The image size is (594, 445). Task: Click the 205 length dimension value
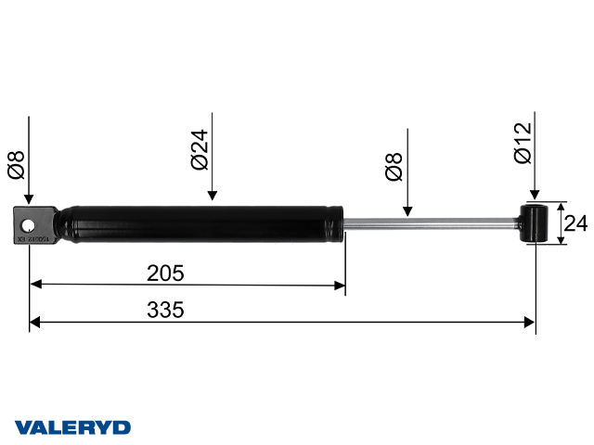coord(165,273)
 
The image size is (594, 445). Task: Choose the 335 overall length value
coord(165,311)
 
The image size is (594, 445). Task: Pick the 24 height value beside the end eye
coord(576,223)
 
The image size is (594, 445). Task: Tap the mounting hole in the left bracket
coord(31,225)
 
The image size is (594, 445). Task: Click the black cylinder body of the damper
coord(204,224)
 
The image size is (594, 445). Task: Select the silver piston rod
coord(427,222)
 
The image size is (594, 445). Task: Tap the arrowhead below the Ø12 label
coord(534,194)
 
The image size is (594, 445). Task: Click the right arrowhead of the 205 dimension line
coord(340,285)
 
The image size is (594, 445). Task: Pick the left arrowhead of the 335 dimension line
coord(35,322)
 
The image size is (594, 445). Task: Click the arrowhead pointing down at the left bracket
coord(30,199)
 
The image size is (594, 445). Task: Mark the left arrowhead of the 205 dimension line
coord(35,285)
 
